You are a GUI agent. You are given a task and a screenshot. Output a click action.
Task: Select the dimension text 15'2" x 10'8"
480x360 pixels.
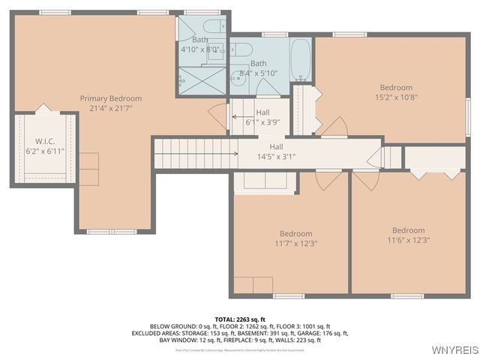click(396, 97)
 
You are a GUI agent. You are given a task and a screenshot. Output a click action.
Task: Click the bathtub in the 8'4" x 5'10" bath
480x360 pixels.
click(301, 60)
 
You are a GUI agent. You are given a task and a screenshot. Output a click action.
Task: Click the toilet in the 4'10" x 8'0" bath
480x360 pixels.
click(212, 28)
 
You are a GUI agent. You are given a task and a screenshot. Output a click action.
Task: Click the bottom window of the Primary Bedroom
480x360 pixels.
click(112, 232)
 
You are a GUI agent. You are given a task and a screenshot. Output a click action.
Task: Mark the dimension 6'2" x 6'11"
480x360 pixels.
click(46, 150)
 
